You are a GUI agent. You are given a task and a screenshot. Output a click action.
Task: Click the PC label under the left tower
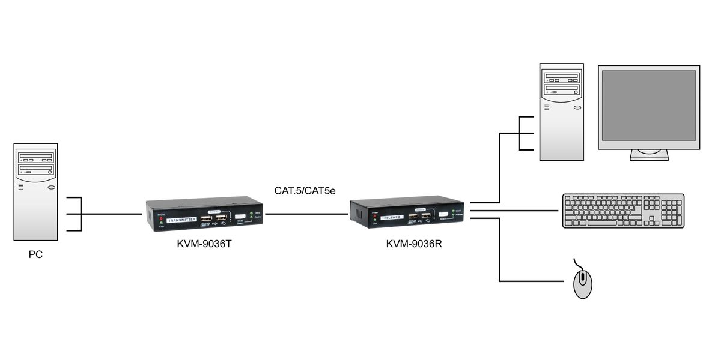click(35, 254)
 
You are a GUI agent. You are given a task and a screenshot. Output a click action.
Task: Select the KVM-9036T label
click(197, 244)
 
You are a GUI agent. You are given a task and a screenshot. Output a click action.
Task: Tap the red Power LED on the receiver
click(375, 215)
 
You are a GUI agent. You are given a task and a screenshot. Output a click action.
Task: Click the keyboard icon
click(623, 211)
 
